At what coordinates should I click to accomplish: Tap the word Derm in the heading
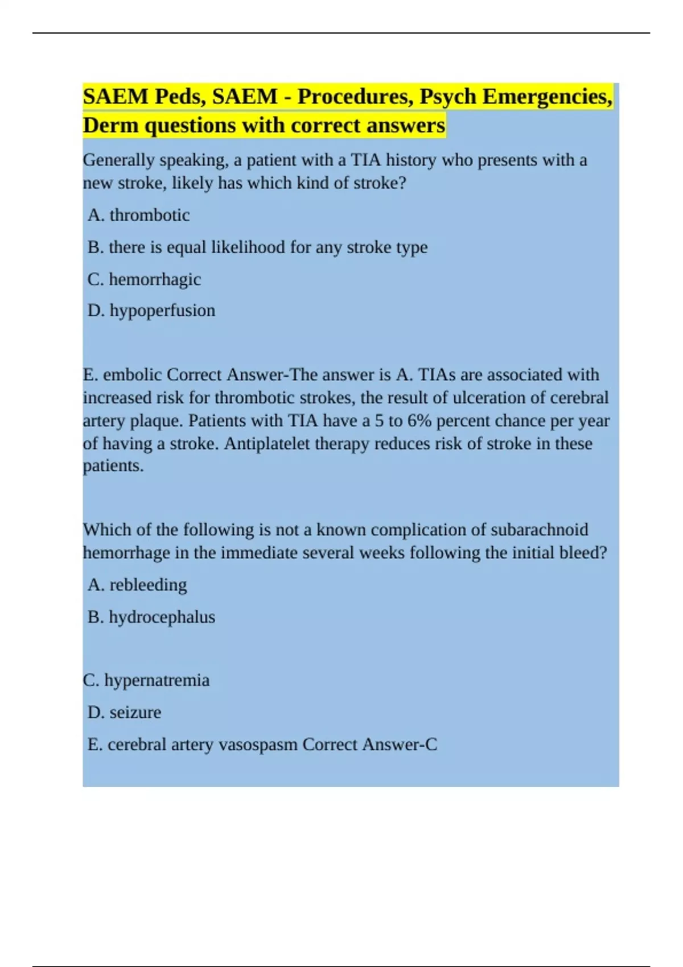[110, 125]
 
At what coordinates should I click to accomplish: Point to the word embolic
[133, 375]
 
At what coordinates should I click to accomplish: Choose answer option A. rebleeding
[137, 585]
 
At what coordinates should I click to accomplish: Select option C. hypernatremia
[146, 680]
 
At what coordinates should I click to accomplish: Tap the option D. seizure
[125, 712]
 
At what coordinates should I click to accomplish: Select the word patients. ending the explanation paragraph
[113, 466]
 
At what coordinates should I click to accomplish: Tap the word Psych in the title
[448, 97]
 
